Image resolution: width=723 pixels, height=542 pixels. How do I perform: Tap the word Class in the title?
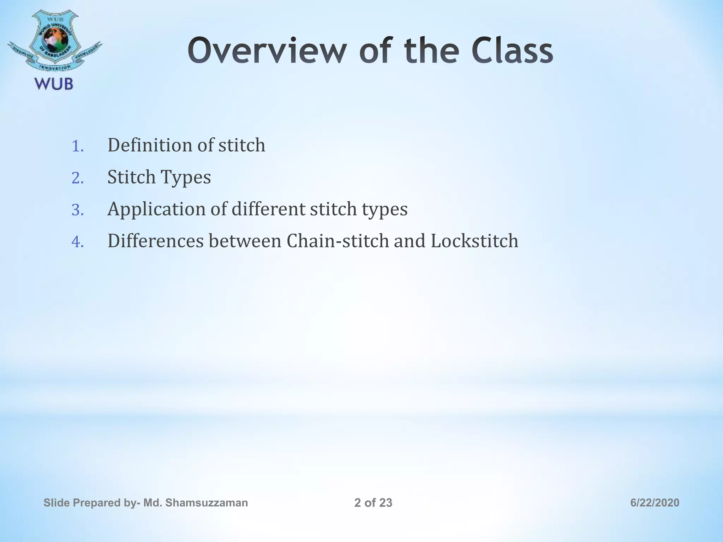click(x=512, y=52)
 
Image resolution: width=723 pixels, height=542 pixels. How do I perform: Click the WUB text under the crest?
click(x=54, y=84)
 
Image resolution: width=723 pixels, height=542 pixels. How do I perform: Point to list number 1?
click(x=77, y=146)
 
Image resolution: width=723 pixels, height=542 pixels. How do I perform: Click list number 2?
click(x=77, y=179)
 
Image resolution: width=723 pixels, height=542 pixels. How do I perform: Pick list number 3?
click(x=77, y=210)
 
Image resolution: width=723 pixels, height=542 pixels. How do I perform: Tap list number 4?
click(x=77, y=242)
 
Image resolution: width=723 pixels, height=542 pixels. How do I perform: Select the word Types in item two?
click(x=185, y=177)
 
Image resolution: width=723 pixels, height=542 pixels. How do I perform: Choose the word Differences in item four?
click(x=156, y=241)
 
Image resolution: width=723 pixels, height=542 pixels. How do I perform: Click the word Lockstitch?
click(x=474, y=241)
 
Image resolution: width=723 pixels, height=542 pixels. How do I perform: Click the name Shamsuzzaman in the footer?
click(x=206, y=503)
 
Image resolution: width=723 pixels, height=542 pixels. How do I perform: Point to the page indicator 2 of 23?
click(x=373, y=503)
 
